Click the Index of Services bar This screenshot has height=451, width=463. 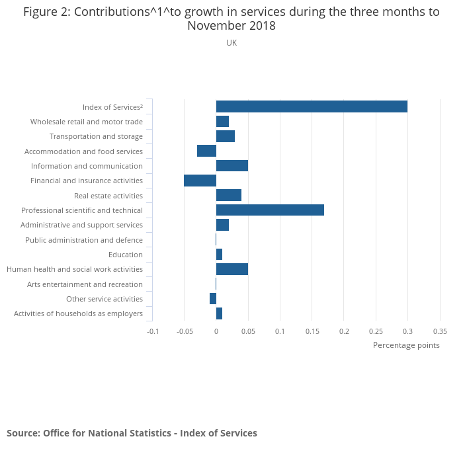tap(312, 106)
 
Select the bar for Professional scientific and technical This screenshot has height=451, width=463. tap(270, 210)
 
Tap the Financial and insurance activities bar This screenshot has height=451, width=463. tap(200, 181)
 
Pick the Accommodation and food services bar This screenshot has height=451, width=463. tap(206, 151)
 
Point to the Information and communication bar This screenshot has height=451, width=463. tap(232, 166)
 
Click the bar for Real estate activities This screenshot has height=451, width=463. tap(229, 195)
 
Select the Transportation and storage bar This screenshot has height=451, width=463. tap(226, 136)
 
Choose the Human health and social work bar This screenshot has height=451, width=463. tap(232, 269)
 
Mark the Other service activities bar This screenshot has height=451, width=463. tap(213, 299)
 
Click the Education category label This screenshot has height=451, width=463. tap(126, 255)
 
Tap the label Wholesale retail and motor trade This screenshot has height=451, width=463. tap(87, 122)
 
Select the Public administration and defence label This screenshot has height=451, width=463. tap(84, 240)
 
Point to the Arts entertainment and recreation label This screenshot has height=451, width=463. tap(85, 284)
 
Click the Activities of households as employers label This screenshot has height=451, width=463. tap(78, 313)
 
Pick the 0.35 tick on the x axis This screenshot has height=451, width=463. tap(440, 331)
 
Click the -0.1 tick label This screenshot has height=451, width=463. tap(153, 331)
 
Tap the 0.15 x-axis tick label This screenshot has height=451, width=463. tap(312, 331)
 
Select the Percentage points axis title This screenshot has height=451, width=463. tap(406, 345)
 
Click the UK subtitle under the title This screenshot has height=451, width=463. tap(232, 43)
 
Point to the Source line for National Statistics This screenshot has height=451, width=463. tap(132, 433)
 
